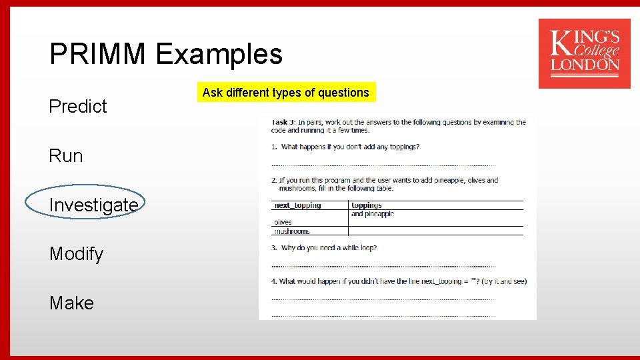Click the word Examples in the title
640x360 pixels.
219,54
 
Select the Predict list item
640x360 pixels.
78,107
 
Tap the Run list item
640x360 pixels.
66,156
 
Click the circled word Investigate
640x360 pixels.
93,205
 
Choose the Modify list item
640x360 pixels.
76,254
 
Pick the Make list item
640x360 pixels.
71,303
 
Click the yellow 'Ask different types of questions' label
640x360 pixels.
286,93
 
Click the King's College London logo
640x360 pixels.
584,53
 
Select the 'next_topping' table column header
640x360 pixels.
298,205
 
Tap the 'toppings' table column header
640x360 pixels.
367,205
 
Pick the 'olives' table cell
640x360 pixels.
283,223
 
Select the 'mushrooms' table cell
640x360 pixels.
292,231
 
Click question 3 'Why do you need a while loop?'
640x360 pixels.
329,248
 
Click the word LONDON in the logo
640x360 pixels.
585,65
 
